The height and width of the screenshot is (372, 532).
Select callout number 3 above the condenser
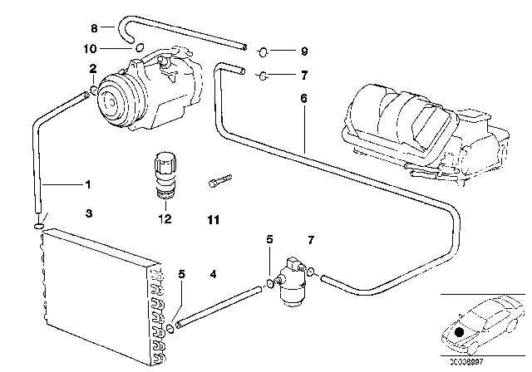click(88, 213)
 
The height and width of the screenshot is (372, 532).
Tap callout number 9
click(304, 50)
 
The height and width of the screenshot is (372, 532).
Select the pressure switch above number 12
click(163, 173)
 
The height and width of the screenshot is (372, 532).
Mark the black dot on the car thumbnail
click(458, 332)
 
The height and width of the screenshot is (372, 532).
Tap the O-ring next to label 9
click(263, 50)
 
